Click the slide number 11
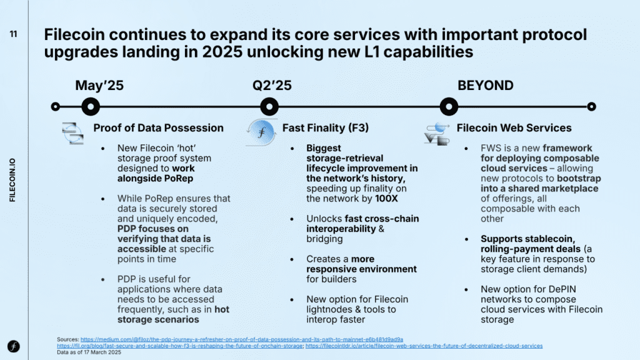pos(14,34)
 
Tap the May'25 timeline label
pos(99,85)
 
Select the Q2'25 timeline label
pos(272,85)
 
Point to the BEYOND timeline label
pos(485,85)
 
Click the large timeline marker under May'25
pos(91,106)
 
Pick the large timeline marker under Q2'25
pos(269,106)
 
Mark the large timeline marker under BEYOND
pos(449,106)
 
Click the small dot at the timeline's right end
pos(591,106)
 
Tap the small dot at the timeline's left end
pos(56,106)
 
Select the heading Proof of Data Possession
pos(158,127)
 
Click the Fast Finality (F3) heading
pos(325,127)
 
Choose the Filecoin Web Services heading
pos(514,127)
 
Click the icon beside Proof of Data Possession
pos(72,133)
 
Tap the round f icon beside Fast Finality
pos(262,132)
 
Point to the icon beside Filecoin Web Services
pos(437,134)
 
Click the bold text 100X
pos(386,199)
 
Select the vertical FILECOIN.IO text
pos(12,180)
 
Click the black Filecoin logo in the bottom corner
pos(14,346)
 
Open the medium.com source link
pos(242,339)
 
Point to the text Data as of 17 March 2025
pos(89,352)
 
